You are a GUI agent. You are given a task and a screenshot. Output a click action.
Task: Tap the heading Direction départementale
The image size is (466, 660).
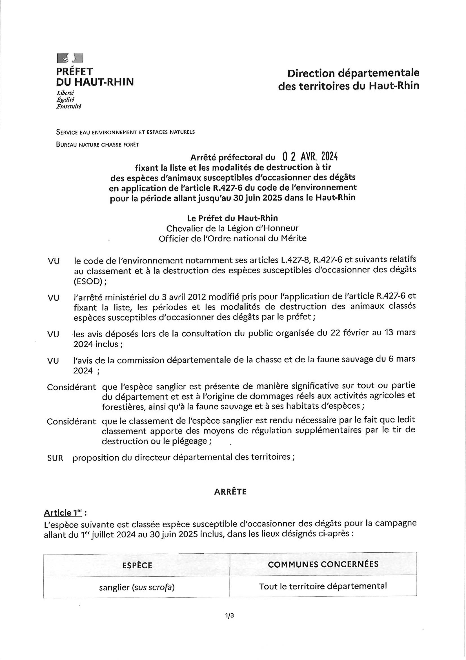coord(353,73)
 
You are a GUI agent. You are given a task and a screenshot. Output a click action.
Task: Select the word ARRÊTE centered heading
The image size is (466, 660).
coord(230,492)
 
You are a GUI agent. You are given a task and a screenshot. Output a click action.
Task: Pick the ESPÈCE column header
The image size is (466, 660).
coord(137,566)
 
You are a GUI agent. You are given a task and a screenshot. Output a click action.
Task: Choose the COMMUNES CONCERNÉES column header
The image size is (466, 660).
coord(323,564)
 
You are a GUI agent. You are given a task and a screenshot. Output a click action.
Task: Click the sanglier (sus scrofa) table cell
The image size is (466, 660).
coord(137,587)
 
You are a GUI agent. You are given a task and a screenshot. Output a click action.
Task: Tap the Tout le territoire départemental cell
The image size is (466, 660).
coord(323,586)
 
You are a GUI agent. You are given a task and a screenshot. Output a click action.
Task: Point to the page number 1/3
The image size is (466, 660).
coord(230,615)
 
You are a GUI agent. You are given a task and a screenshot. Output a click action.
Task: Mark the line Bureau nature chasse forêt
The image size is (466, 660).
coord(97,145)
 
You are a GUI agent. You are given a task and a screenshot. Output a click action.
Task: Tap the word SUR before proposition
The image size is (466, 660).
coord(55,458)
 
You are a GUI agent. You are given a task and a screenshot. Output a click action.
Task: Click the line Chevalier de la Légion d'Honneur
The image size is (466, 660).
coord(232,228)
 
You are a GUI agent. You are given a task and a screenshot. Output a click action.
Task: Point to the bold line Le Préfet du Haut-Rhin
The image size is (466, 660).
coord(232,218)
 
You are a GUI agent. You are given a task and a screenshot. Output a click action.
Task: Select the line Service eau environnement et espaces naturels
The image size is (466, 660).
coord(125,132)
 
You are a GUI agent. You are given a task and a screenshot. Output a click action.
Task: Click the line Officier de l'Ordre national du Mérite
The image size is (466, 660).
coord(232,238)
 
